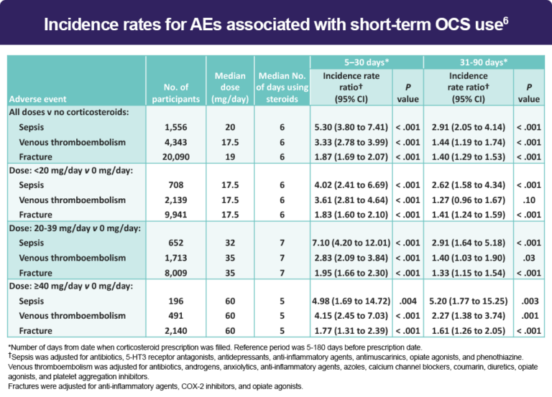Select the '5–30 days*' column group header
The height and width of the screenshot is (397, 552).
(357, 62)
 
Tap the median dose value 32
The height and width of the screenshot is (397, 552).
(230, 243)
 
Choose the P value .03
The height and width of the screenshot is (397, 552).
(529, 258)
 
